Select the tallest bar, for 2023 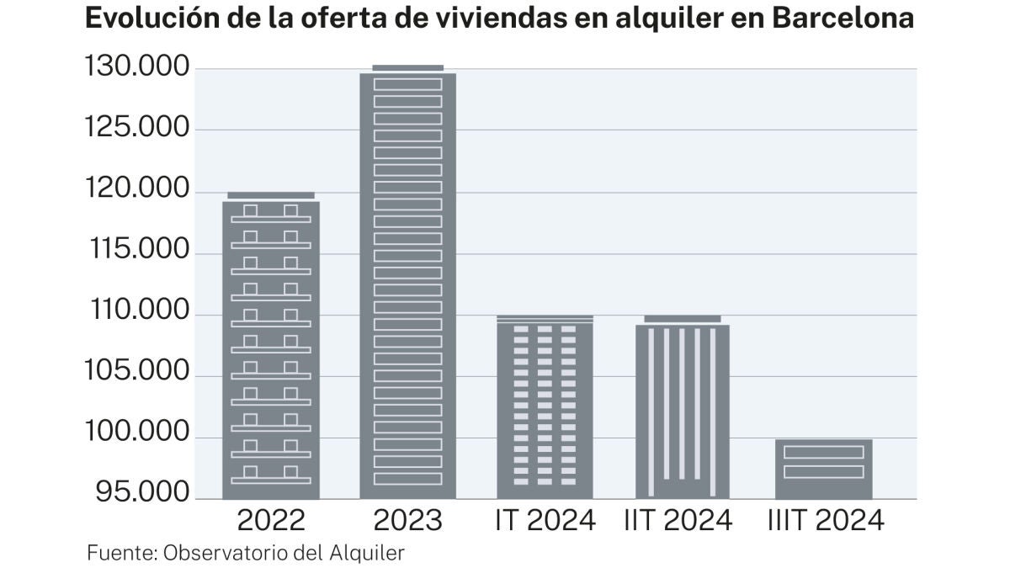pos(407,283)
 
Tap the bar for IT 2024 pos(545,407)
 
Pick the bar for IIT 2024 pos(683,407)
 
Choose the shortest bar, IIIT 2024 pos(823,469)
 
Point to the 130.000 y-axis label pos(137,67)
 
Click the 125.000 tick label pos(137,129)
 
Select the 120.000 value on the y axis pos(137,190)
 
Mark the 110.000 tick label pos(137,312)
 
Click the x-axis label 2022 pos(271,521)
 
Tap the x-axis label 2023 pos(407,521)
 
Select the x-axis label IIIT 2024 pos(826,521)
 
